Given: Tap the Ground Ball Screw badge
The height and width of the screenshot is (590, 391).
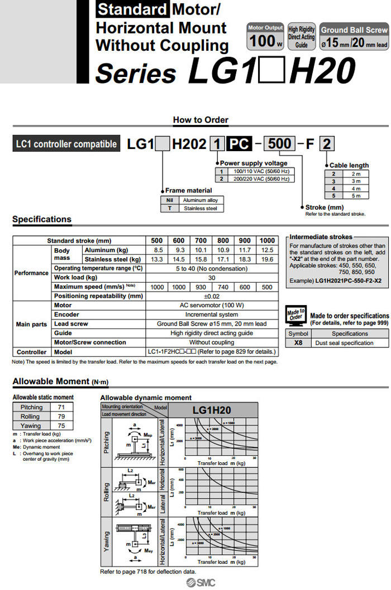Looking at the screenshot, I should click(354, 37).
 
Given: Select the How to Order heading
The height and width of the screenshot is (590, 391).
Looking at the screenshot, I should click(201, 120).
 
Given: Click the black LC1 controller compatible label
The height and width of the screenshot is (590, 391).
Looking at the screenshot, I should click(66, 144).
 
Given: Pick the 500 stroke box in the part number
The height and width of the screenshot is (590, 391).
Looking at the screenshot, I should click(279, 144).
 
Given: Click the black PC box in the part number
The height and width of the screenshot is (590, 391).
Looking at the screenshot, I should click(240, 144).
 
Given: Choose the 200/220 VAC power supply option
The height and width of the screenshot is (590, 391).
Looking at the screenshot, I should click(261, 179).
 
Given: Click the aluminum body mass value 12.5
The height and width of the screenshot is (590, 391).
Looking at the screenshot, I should click(268, 250).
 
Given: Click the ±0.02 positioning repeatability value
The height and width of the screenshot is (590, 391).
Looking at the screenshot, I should click(212, 296).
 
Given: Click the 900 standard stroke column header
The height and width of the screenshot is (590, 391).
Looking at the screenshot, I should click(245, 241).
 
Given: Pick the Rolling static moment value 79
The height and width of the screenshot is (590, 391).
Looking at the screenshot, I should click(62, 417).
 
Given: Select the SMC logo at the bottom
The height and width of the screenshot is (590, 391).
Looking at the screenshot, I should click(201, 582).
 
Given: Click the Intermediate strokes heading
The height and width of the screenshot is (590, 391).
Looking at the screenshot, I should click(321, 237).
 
